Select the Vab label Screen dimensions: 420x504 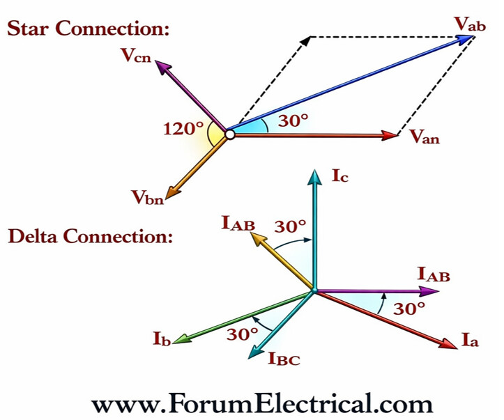tap(470, 23)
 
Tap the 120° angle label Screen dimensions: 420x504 tap(183, 128)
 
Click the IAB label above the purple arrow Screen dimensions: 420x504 tap(434, 274)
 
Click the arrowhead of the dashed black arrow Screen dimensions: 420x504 tap(306, 39)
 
